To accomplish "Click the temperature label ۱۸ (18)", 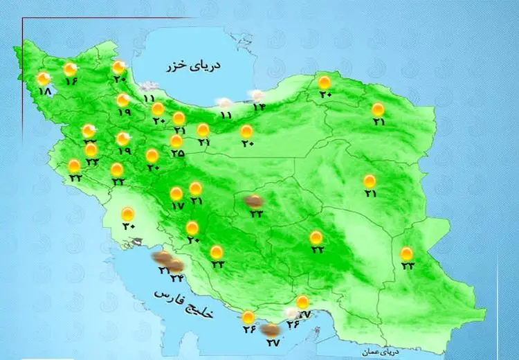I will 46,92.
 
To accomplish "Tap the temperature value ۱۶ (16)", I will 71,81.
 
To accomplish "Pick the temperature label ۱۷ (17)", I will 176,206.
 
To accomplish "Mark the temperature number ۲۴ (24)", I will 176,278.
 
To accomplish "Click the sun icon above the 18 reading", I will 44,79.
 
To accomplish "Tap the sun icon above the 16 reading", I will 70,69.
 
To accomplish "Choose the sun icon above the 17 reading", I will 176,193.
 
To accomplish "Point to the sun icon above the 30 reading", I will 128,213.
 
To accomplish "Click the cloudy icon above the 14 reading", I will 257,95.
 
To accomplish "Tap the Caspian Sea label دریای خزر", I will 193,66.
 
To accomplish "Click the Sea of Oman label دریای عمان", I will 377,352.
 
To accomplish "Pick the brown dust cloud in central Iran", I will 255,201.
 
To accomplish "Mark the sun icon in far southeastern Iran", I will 407,253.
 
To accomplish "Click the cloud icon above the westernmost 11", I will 146,87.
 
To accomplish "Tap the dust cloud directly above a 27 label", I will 271,330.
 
